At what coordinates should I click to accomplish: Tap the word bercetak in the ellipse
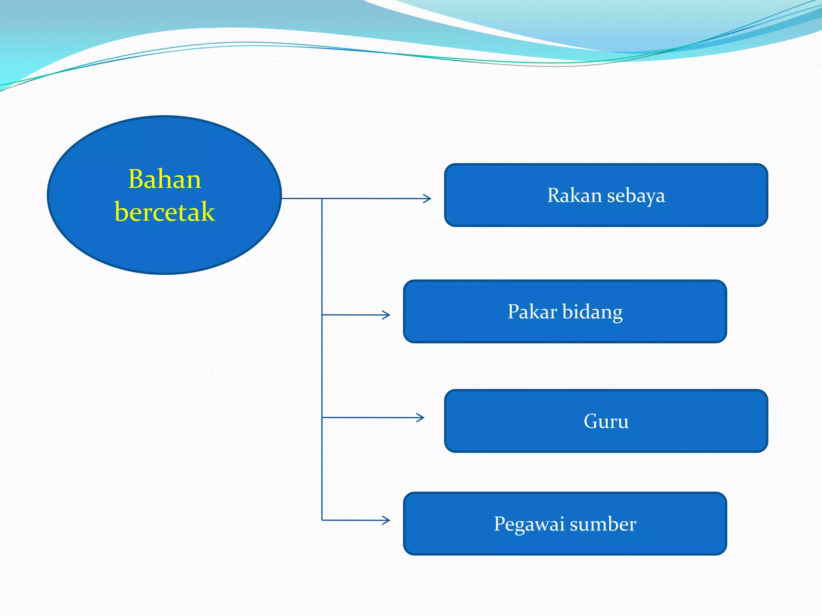(165, 211)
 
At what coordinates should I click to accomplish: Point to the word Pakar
(532, 312)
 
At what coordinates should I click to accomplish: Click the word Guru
(606, 421)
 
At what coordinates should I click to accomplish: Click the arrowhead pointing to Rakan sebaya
(428, 199)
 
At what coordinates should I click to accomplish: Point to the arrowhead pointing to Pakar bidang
(387, 315)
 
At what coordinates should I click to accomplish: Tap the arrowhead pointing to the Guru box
(421, 417)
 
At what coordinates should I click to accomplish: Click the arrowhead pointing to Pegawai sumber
(387, 520)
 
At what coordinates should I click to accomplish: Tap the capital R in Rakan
(554, 196)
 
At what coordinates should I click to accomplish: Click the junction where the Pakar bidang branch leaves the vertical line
(322, 315)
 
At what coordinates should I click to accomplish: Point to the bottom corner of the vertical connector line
(322, 520)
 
